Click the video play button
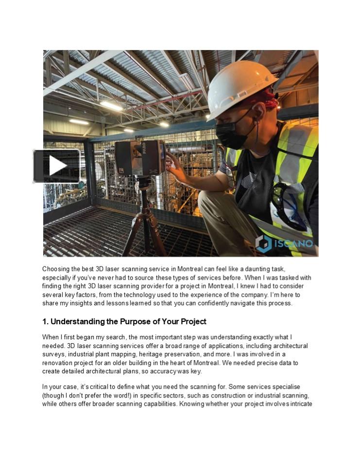tap(57, 166)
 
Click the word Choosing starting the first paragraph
tap(57, 269)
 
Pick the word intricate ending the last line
tap(299, 404)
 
